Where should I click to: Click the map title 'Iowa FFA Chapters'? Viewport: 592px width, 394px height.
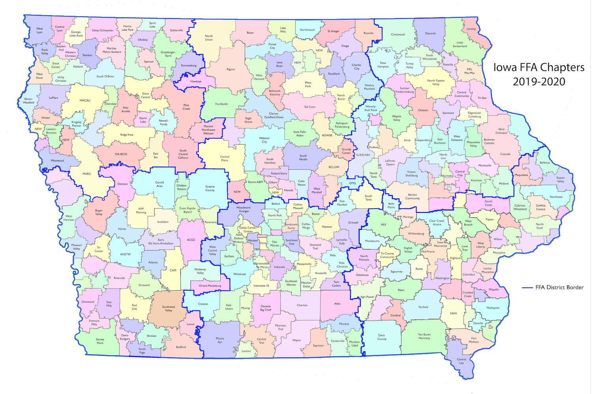pyautogui.click(x=539, y=68)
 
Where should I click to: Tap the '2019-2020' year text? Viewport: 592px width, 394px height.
pyautogui.click(x=539, y=82)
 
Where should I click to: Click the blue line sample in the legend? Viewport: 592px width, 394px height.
pyautogui.click(x=527, y=287)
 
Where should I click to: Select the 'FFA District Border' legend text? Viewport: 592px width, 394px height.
pyautogui.click(x=559, y=287)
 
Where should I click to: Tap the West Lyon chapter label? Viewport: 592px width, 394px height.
pyautogui.click(x=39, y=30)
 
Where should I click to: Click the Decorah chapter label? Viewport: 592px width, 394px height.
pyautogui.click(x=430, y=34)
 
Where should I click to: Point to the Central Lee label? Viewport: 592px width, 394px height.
pyautogui.click(x=461, y=361)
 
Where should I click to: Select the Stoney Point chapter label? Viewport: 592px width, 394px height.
pyautogui.click(x=100, y=341)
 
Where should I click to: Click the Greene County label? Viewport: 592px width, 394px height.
pyautogui.click(x=210, y=188)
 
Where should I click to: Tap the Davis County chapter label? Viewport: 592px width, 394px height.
pyautogui.click(x=382, y=337)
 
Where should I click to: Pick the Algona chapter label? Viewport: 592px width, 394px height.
pyautogui.click(x=230, y=69)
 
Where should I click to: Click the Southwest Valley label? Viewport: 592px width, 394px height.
pyautogui.click(x=169, y=308)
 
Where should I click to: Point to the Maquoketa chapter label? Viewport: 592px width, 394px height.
pyautogui.click(x=521, y=175)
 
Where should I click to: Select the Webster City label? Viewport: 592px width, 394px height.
pyautogui.click(x=264, y=140)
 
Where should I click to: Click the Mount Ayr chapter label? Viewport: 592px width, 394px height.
pyautogui.click(x=220, y=340)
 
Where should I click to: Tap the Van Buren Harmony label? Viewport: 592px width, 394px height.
pyautogui.click(x=424, y=336)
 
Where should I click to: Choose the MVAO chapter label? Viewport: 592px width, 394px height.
pyautogui.click(x=86, y=174)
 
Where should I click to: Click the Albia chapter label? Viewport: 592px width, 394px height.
pyautogui.click(x=337, y=304)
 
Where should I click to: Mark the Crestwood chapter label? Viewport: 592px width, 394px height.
pyautogui.click(x=398, y=34)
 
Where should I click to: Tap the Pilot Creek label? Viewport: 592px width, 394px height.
pyautogui.click(x=186, y=107)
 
